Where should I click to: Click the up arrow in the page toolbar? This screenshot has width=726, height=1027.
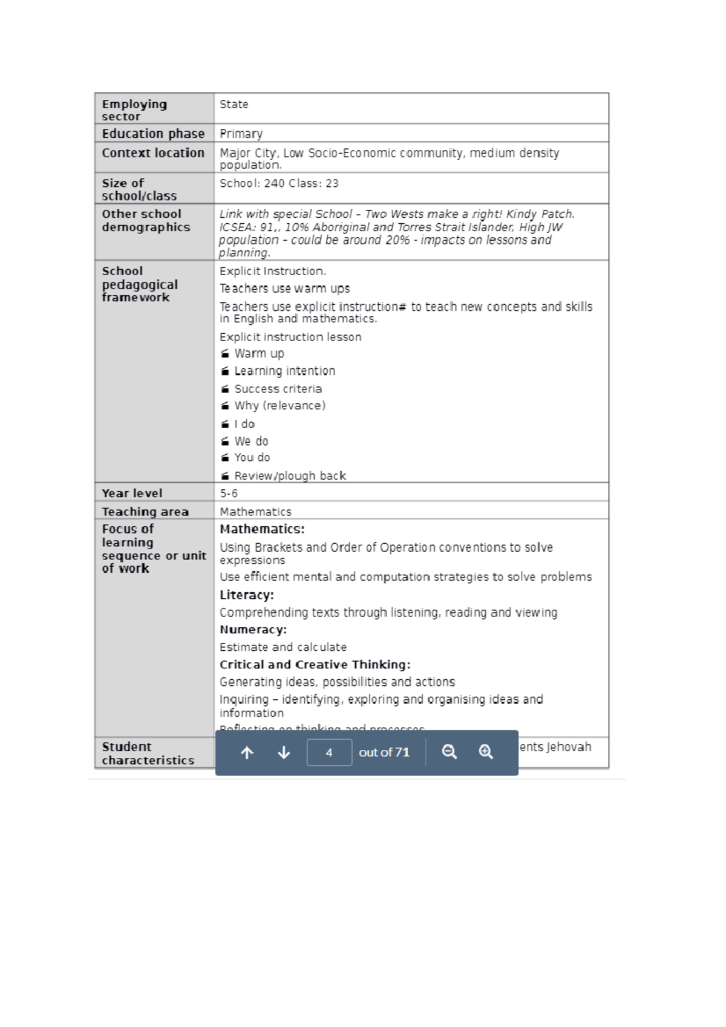coord(247,752)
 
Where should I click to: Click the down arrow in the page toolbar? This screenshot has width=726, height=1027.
coord(284,752)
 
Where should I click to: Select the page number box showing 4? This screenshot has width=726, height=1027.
coord(329,752)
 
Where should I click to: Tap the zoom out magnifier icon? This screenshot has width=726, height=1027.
coord(449,752)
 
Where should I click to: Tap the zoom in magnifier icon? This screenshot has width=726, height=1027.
coord(486,752)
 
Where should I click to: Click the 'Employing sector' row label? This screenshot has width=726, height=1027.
coord(134,109)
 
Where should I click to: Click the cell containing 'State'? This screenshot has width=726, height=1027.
coord(234,104)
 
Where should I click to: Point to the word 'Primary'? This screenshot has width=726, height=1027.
coord(241,134)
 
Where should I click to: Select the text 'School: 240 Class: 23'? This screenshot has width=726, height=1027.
coord(279,183)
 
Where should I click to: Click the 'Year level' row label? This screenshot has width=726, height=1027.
coord(132,493)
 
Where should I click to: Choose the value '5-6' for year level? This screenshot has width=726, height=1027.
coord(229,493)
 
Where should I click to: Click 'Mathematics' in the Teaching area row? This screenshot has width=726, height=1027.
coord(255,512)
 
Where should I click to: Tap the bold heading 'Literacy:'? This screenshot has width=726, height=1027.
coord(246,595)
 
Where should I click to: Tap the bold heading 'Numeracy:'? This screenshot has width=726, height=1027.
coord(253,630)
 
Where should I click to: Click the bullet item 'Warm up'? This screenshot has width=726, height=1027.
coord(259,353)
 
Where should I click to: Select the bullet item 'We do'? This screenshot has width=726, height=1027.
coord(251,441)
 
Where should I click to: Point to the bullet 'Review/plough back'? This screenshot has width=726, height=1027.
coord(290,475)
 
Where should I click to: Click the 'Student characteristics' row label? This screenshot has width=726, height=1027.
coord(148,753)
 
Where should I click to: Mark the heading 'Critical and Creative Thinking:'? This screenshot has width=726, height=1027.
coord(315,664)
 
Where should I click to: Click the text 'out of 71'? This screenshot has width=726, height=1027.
coord(384,752)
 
